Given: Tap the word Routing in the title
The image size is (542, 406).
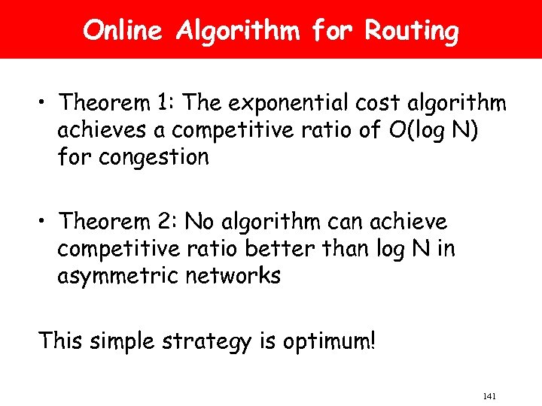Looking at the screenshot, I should pos(411,32).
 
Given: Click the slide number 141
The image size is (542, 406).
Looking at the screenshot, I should pos(489,396).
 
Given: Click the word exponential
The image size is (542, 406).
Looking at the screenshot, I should pos(281,101).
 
